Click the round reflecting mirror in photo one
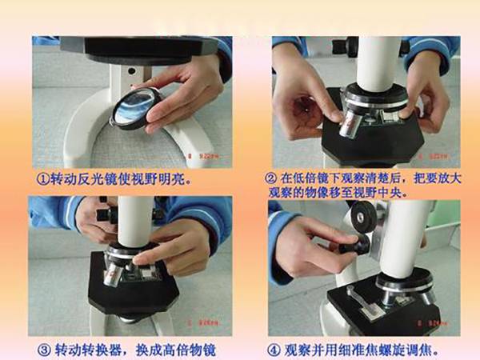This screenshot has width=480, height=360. (x=128, y=109)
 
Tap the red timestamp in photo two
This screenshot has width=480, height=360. (x=433, y=157)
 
